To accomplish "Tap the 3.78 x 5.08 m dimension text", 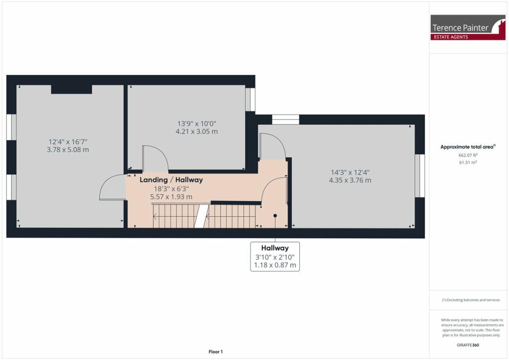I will click(68, 150).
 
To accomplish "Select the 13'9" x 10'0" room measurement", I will click(197, 123).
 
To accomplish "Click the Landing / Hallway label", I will click(171, 180).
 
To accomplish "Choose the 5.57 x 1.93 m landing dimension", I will click(171, 197).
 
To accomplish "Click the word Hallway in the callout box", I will click(275, 248).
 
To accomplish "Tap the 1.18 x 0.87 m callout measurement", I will click(275, 266).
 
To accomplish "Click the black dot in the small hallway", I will click(275, 215).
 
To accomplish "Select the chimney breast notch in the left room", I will click(72, 89).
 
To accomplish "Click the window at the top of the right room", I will click(285, 119).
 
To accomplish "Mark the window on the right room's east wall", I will click(420, 176).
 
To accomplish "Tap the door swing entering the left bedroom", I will click(112, 187).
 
